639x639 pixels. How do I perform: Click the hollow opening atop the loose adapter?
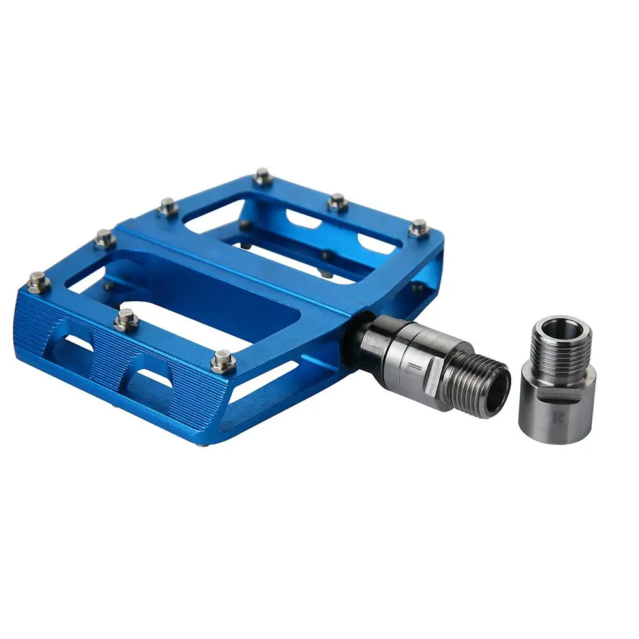[560, 329]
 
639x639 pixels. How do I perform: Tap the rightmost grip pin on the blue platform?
[419, 227]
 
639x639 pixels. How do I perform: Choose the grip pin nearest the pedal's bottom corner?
[223, 361]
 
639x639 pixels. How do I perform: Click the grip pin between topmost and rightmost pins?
[337, 202]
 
